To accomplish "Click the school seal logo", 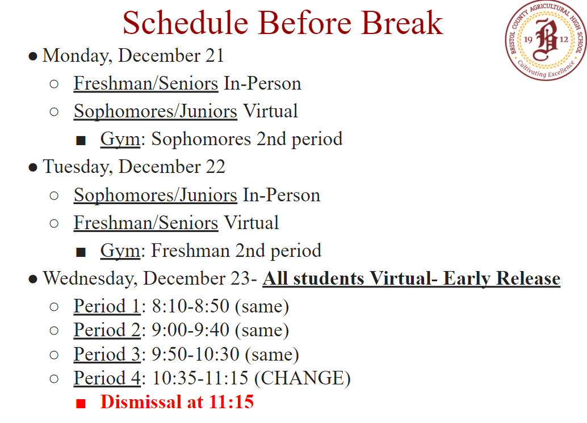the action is point(546,40).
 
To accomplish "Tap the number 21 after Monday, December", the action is point(215,56).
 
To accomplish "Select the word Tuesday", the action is point(76,167).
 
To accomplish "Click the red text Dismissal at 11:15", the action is point(177,402).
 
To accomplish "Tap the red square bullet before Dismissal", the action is point(81,403).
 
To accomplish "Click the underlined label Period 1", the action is point(107,306).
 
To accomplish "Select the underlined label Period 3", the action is point(107,354).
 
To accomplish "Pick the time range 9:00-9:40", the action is point(191,330).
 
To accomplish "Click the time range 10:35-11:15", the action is point(200,378).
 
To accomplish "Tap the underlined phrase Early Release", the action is point(502,278).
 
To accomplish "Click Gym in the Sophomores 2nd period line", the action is point(120,139).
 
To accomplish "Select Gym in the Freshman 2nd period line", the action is point(120,251).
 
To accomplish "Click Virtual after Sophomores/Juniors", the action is point(270,111).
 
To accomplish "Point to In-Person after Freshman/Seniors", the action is point(262,83).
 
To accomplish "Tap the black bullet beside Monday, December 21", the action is point(33,57).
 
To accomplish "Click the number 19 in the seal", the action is point(528,40).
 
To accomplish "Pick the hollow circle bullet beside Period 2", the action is point(54,331).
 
